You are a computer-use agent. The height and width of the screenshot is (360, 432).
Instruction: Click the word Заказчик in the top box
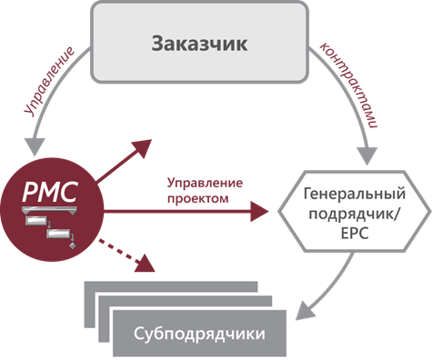point(199,44)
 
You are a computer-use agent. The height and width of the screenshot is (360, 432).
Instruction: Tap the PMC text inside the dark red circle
point(50,192)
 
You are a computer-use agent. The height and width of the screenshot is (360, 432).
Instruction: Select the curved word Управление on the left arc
point(49,81)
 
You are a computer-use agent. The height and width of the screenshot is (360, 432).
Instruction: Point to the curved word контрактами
point(348,85)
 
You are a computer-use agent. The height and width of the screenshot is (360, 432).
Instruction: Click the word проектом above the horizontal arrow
point(198,199)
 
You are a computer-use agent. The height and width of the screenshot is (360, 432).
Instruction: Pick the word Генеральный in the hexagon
point(355,194)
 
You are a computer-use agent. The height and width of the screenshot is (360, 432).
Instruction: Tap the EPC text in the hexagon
point(355,234)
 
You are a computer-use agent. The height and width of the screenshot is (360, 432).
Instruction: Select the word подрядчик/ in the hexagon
point(355,214)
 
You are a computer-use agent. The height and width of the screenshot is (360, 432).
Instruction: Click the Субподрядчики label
point(199,334)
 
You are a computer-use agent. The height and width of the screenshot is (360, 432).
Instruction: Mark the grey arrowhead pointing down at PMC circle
point(35,147)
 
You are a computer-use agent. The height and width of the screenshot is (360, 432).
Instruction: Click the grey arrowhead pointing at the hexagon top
point(367,155)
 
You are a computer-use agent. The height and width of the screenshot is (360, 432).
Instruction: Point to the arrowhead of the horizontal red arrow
point(259,211)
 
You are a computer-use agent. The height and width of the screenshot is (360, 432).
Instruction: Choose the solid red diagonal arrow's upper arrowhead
point(142,147)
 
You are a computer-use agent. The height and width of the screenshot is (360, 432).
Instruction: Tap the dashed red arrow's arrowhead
point(146,264)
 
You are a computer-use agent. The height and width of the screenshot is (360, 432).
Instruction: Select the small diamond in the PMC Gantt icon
point(73,245)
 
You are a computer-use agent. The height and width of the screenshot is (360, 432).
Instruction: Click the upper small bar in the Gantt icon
point(36,221)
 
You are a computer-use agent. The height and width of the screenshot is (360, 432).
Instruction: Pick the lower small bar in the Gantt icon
point(58,234)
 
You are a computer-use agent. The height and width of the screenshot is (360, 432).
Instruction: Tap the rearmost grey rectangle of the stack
point(171,286)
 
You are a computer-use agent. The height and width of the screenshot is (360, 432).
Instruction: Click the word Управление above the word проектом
point(205,184)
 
